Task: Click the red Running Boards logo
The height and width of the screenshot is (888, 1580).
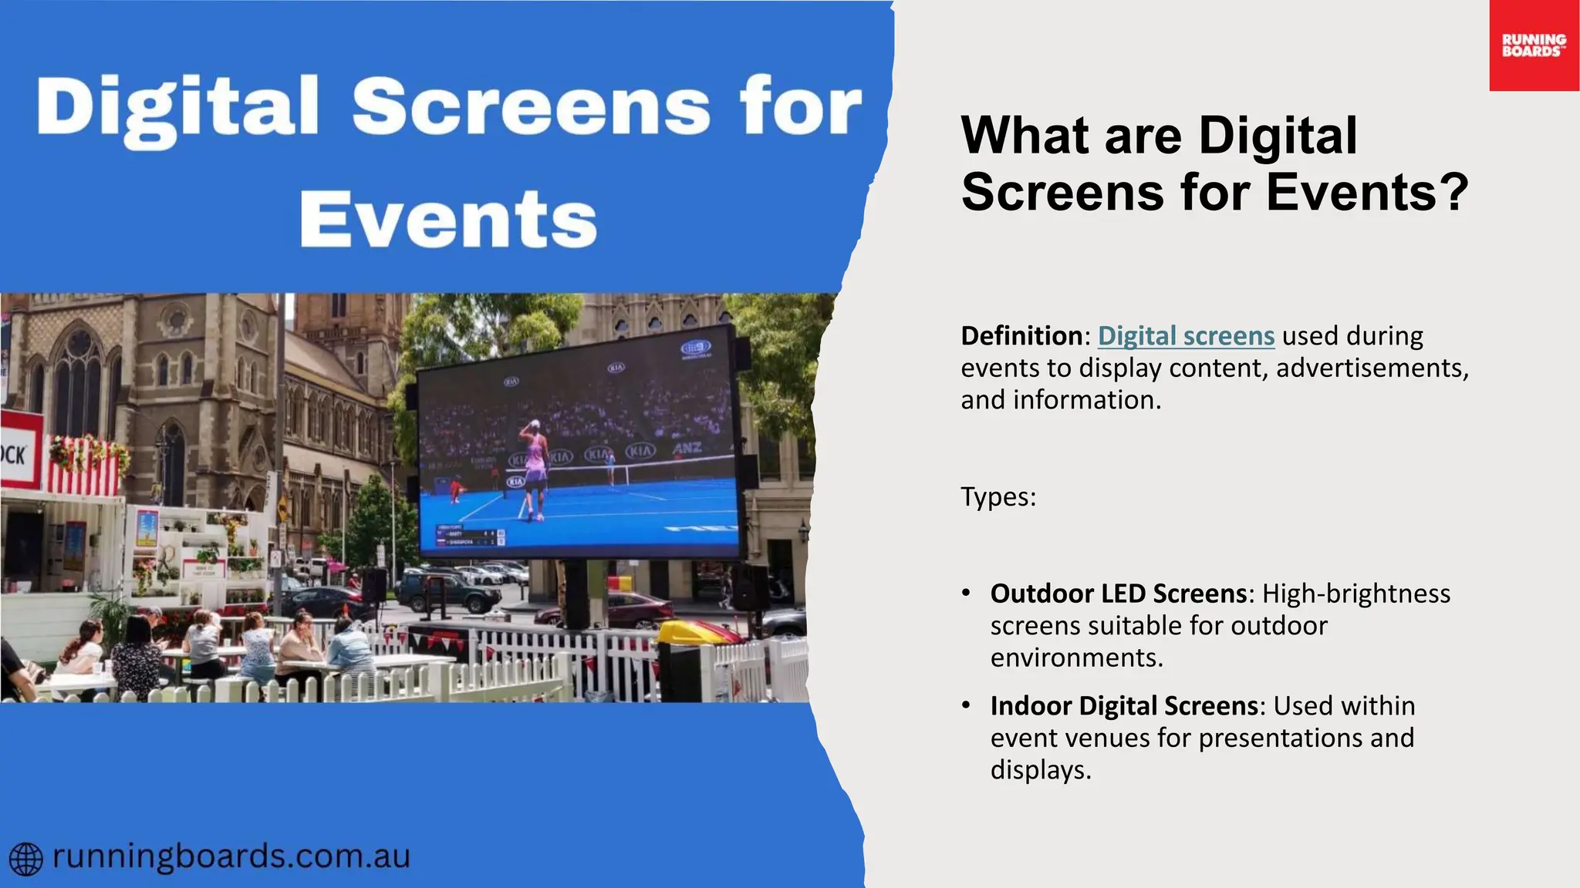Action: (1534, 45)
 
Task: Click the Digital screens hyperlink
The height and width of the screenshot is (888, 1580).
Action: (1186, 336)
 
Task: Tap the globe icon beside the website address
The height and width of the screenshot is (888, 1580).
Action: (25, 859)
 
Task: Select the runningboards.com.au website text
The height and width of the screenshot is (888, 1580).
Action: (231, 857)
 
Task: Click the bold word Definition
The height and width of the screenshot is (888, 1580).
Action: (1021, 336)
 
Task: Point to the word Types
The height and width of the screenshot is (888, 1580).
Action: (998, 497)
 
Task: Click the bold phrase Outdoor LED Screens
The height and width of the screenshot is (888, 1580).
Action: (1118, 594)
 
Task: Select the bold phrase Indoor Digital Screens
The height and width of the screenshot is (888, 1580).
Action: (1123, 706)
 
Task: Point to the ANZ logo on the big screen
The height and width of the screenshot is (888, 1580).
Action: (687, 448)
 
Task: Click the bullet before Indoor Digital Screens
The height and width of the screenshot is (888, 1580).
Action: (966, 705)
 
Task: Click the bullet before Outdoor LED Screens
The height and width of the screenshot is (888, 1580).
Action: (966, 593)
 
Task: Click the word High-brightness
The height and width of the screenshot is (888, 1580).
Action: (1356, 594)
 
